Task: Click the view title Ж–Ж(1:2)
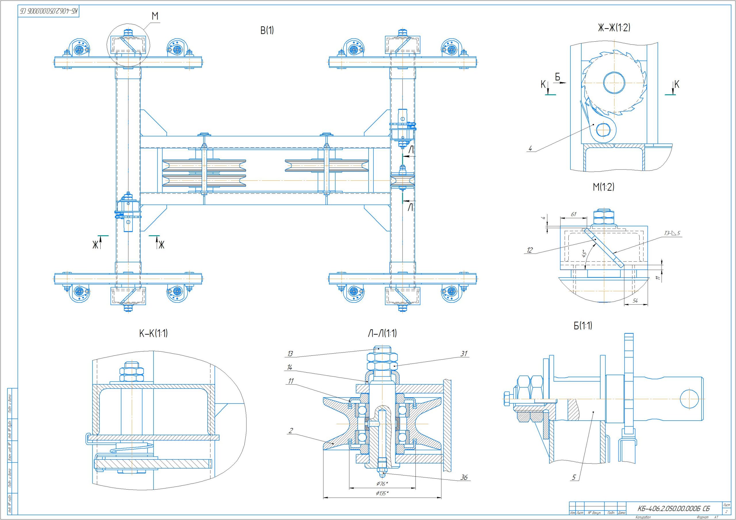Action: click(614, 28)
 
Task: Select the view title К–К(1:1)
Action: click(153, 334)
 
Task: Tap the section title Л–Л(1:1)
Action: click(382, 334)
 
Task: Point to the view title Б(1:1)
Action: click(583, 326)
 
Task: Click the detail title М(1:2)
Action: click(603, 187)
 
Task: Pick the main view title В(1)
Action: click(267, 30)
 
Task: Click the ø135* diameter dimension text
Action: click(382, 493)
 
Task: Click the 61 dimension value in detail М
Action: click(574, 214)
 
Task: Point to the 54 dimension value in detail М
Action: click(635, 301)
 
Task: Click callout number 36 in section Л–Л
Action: click(464, 477)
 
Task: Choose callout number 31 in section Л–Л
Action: click(464, 354)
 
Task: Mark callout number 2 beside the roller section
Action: click(291, 431)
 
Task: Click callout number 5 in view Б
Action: click(574, 477)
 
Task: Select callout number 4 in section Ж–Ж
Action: click(530, 149)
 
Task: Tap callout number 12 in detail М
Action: click(530, 250)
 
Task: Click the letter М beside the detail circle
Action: click(155, 16)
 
